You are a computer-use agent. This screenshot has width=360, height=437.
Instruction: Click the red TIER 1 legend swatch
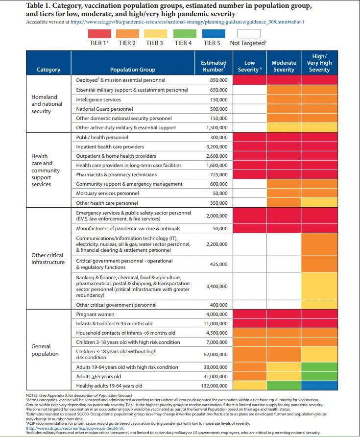click(x=99, y=34)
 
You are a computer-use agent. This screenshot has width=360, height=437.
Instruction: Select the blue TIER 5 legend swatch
click(x=214, y=34)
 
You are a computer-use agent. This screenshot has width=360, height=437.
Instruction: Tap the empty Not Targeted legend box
click(x=249, y=34)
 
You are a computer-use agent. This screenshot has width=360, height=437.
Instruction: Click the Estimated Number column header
click(x=214, y=66)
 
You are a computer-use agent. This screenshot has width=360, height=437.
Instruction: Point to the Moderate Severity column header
click(x=284, y=66)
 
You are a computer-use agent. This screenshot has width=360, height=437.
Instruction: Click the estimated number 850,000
click(x=219, y=80)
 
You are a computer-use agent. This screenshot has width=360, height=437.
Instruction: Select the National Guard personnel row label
click(x=104, y=109)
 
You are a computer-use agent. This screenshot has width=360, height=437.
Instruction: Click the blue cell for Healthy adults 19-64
click(x=319, y=386)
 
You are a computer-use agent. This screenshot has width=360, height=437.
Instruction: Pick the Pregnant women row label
click(x=95, y=314)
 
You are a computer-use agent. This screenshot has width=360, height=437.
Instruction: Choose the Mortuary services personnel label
click(x=107, y=193)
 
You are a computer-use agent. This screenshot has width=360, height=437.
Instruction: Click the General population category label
click(x=45, y=350)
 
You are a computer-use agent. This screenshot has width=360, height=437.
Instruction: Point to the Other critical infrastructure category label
click(x=48, y=259)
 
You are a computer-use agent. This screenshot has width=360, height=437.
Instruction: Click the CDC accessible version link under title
click(x=187, y=22)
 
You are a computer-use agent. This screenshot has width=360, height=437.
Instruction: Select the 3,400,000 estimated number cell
click(x=217, y=286)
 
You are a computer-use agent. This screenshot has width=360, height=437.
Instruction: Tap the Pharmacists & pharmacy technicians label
click(x=116, y=175)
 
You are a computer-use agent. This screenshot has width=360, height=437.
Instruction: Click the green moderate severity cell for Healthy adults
click(x=284, y=386)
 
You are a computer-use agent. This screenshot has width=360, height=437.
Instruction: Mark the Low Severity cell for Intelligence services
click(x=250, y=99)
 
